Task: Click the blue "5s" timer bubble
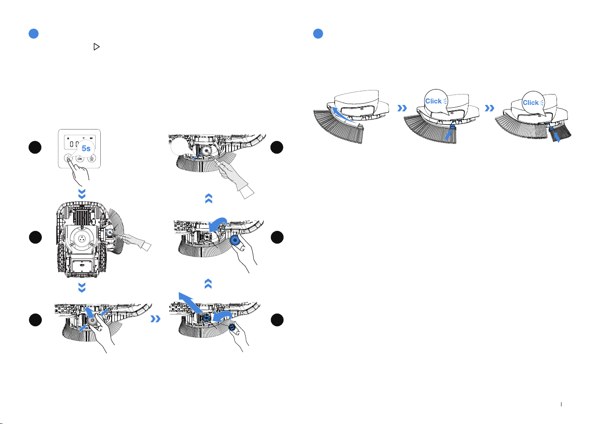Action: tap(86, 148)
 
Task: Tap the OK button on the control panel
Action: tap(80, 159)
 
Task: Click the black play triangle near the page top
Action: tap(97, 47)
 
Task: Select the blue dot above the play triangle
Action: tap(34, 34)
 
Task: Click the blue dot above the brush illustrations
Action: tap(318, 34)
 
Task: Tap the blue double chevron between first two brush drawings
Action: tap(402, 108)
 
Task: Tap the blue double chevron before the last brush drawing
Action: tap(490, 108)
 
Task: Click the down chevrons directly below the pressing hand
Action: tap(82, 194)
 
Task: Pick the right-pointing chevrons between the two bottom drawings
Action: tap(156, 319)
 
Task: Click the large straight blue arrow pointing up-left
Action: tap(191, 303)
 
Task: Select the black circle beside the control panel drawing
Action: tap(35, 147)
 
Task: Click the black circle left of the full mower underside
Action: tap(35, 237)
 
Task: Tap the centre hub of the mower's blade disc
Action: tap(82, 238)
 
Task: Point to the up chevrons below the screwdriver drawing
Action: tap(209, 199)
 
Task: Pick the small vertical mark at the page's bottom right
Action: tap(561, 404)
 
